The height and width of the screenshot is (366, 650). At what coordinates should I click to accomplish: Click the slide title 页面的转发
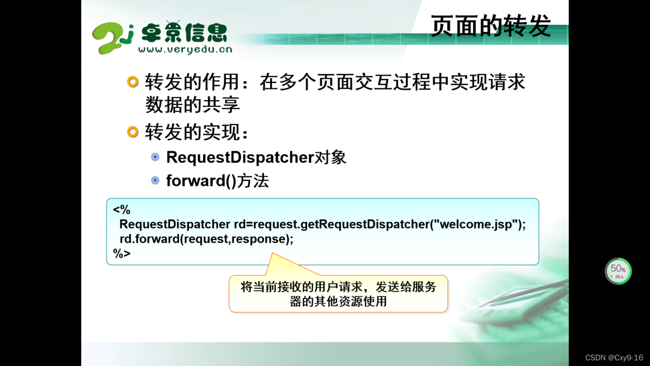click(x=491, y=25)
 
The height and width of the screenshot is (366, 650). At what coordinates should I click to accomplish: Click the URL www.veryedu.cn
click(x=185, y=49)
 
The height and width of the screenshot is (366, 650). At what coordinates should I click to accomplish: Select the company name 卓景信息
click(x=184, y=32)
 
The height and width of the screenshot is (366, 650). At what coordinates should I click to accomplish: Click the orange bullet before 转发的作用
click(x=133, y=82)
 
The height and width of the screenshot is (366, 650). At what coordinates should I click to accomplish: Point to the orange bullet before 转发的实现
click(x=133, y=132)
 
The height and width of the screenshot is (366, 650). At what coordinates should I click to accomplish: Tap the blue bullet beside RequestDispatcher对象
click(x=155, y=157)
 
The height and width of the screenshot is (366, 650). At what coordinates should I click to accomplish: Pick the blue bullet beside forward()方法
click(x=155, y=180)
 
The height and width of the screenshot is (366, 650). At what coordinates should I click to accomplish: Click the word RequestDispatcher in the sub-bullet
click(x=240, y=158)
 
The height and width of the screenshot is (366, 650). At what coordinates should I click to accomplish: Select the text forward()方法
click(x=217, y=181)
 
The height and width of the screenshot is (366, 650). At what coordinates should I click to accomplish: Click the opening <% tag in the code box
click(x=121, y=209)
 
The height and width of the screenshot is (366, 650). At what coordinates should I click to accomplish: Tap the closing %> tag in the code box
click(x=121, y=254)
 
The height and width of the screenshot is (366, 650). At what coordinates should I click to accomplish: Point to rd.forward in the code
click(x=149, y=239)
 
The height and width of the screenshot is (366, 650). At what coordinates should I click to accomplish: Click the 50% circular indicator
click(x=618, y=271)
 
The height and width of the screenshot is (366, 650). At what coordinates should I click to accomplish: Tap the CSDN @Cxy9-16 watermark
click(x=614, y=357)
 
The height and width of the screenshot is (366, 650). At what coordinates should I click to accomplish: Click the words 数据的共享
click(x=192, y=105)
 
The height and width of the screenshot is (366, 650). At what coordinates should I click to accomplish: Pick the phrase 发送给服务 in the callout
click(x=406, y=287)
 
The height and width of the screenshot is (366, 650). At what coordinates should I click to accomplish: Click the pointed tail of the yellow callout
click(x=272, y=253)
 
